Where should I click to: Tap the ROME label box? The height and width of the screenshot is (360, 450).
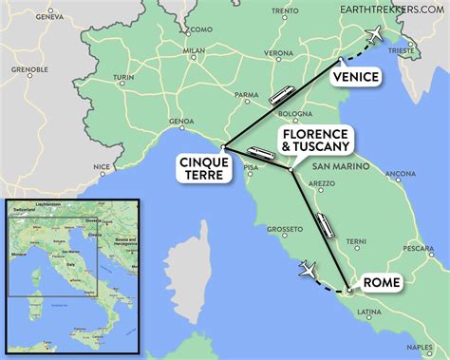pos(380,281)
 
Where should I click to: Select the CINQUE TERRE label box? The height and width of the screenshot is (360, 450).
pos(202,168)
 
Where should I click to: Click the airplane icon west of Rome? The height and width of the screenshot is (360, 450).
pos(308,270)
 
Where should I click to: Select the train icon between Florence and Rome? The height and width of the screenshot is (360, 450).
pos(325,225)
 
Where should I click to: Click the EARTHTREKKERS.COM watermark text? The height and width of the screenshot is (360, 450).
pos(394,8)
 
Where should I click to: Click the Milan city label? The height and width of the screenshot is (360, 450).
pos(195,51)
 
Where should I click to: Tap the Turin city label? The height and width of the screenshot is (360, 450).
pos(123,77)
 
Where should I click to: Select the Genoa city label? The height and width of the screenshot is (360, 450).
pos(180,122)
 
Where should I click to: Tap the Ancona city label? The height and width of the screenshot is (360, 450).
pos(400,173)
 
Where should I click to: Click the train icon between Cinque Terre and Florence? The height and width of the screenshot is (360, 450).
pos(260,153)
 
